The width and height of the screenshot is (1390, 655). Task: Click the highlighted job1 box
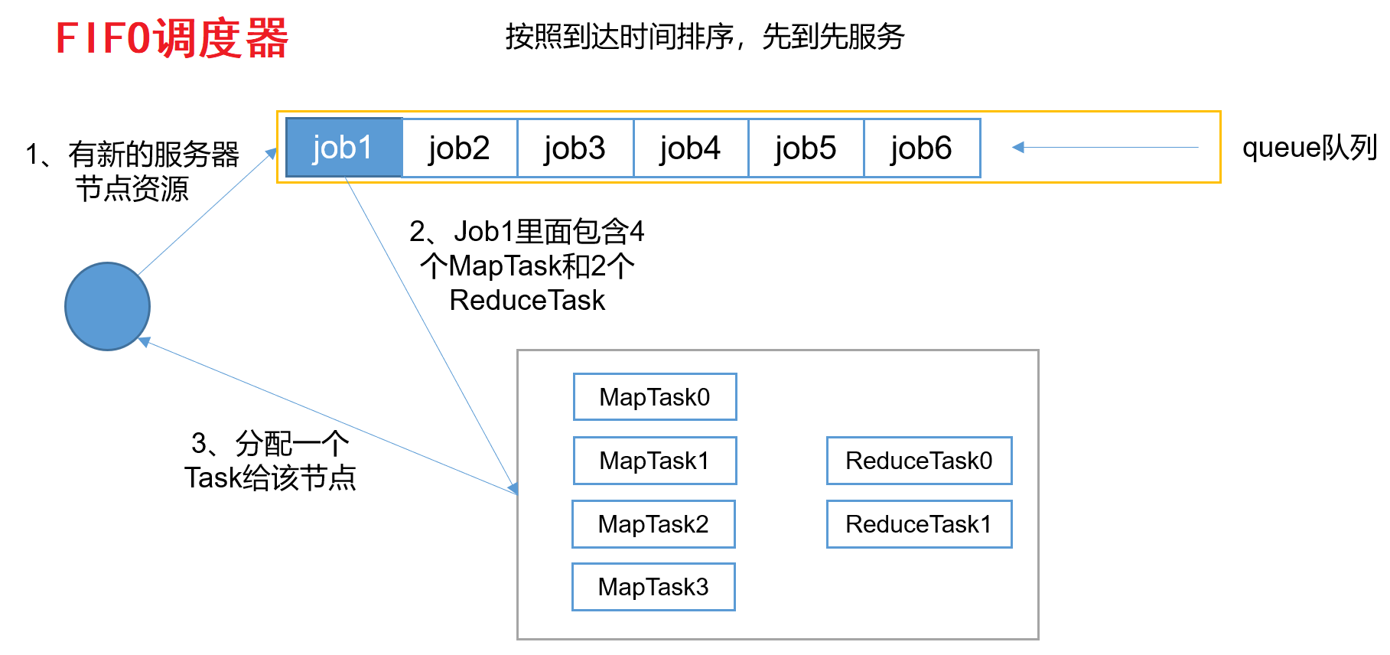click(x=343, y=148)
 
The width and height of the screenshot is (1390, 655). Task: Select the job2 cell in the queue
click(x=459, y=148)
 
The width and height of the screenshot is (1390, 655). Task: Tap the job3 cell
click(x=575, y=148)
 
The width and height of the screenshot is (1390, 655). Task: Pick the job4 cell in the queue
click(x=690, y=148)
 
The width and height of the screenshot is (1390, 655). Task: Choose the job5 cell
click(x=806, y=148)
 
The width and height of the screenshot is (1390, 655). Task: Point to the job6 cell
click(x=921, y=148)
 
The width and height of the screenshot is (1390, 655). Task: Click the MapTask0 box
click(x=655, y=397)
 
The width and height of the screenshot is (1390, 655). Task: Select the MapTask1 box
click(x=655, y=461)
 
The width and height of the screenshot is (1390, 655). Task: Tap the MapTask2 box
click(x=653, y=524)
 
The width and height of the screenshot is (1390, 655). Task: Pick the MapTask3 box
click(x=653, y=587)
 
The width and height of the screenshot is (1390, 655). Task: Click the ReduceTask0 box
click(x=919, y=461)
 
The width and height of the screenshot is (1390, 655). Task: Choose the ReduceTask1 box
click(x=919, y=524)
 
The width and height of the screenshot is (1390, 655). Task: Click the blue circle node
click(x=107, y=307)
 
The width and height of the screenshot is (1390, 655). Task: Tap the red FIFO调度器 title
click(x=172, y=38)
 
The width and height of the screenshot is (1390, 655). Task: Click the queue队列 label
click(x=1309, y=147)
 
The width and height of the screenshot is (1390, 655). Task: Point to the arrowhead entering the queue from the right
click(x=1018, y=147)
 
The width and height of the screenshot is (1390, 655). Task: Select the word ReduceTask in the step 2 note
click(x=527, y=301)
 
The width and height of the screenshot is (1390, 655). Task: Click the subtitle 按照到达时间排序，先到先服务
click(x=705, y=36)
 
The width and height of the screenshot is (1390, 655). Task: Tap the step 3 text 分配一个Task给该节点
click(x=270, y=461)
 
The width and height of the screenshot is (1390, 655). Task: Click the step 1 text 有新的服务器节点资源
click(x=132, y=171)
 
